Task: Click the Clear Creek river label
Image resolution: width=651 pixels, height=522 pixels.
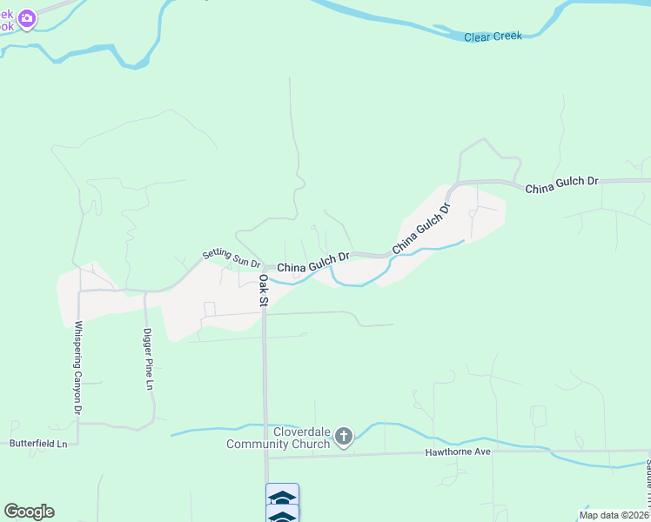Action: (492, 37)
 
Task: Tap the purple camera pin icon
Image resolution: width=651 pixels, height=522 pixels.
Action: (27, 17)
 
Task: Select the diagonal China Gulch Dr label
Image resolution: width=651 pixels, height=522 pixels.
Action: (423, 229)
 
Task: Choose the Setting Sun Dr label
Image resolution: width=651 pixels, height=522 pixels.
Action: (232, 258)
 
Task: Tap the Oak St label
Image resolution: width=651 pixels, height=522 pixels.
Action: (263, 291)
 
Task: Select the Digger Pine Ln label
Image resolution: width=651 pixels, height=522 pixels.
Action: (149, 358)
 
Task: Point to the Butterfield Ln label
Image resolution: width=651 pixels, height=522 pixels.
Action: (38, 444)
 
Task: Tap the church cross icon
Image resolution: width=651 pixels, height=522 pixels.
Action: (344, 436)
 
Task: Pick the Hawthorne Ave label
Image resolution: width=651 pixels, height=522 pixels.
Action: (458, 452)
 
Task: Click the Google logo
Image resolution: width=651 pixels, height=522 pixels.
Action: (29, 512)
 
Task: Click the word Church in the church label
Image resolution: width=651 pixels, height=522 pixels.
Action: (311, 445)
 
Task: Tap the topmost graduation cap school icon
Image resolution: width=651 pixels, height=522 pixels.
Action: (282, 497)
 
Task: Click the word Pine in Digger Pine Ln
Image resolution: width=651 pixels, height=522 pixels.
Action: (149, 363)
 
